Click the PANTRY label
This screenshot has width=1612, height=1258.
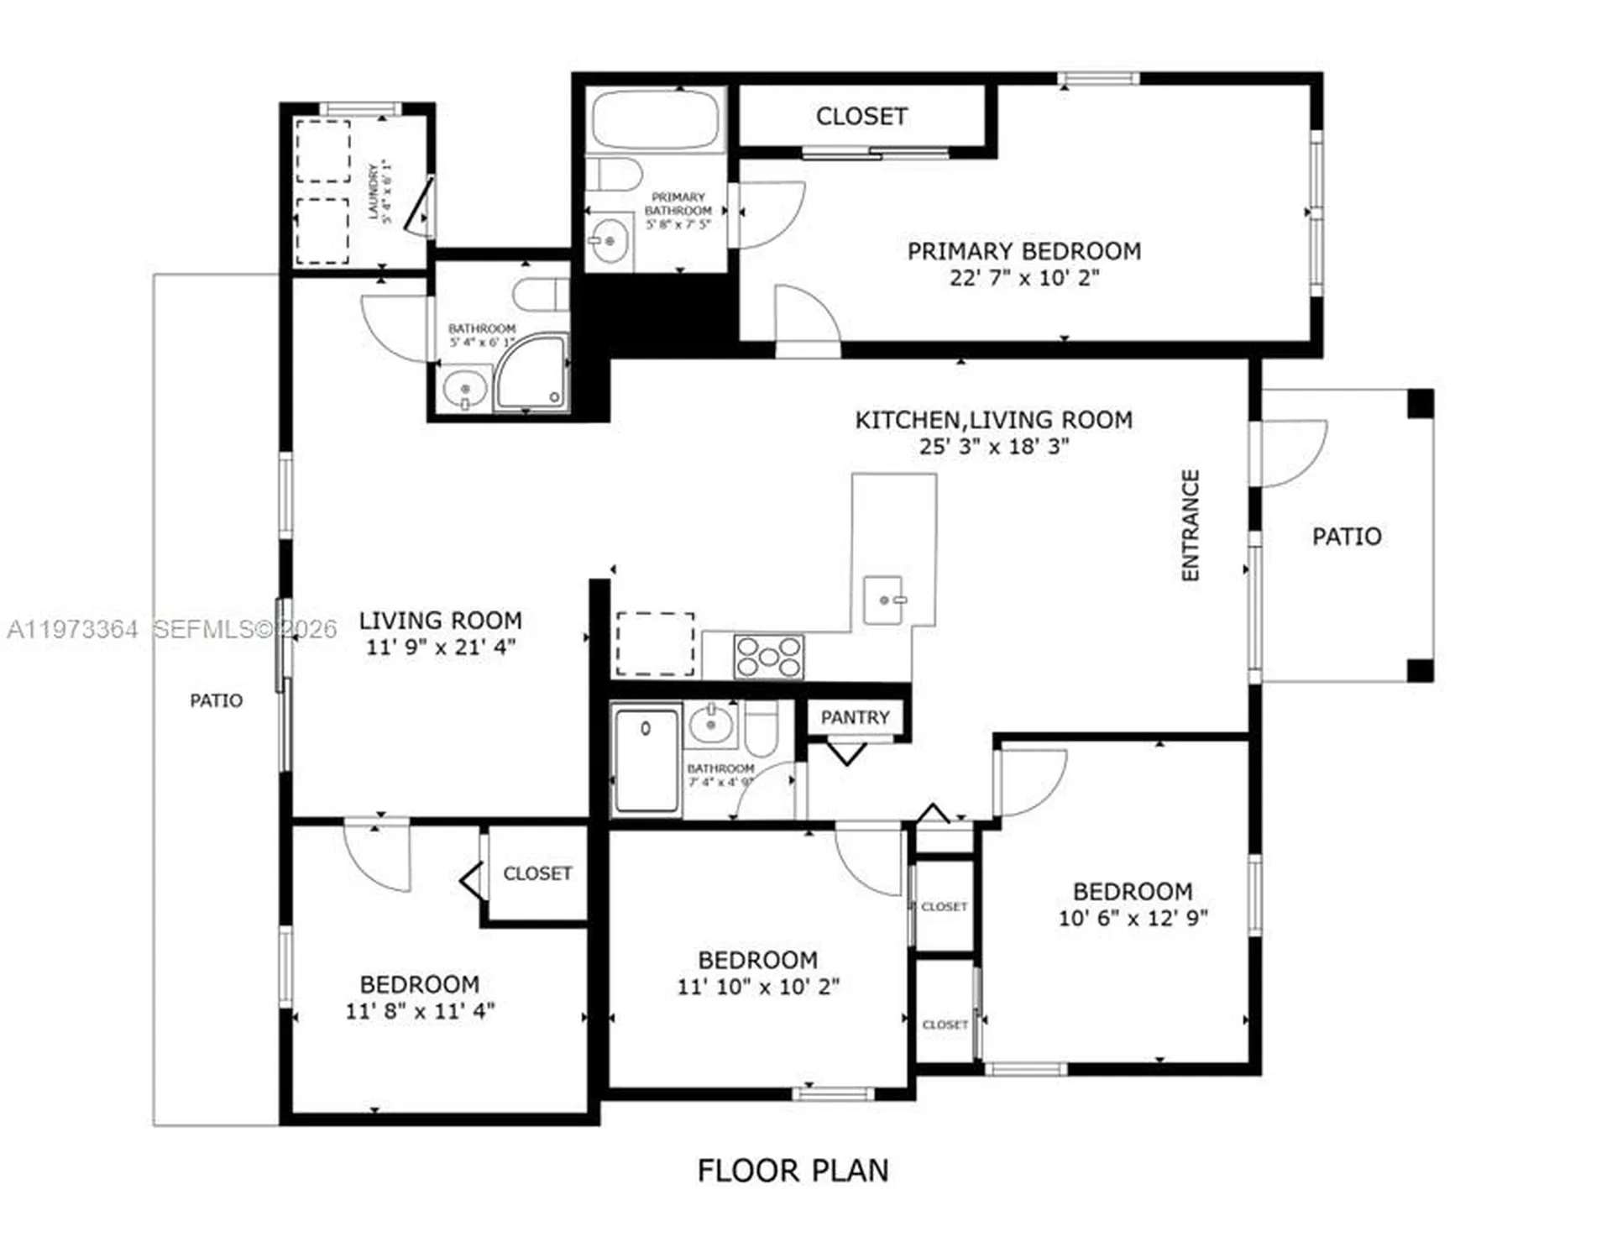[855, 717]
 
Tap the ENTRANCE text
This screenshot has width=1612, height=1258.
[1190, 525]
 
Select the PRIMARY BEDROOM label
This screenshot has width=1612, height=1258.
[1023, 251]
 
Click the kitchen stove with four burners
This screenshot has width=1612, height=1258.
[768, 657]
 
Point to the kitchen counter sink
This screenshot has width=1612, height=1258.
[884, 600]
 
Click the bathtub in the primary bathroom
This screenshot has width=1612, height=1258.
[655, 119]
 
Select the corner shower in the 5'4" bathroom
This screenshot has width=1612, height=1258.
[531, 373]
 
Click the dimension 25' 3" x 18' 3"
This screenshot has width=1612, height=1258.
[993, 447]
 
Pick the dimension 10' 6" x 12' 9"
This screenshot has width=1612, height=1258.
[1133, 918]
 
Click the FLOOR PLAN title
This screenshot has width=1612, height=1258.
[793, 1171]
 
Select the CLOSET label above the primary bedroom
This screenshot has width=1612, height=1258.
[861, 116]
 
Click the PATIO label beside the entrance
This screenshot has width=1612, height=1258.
[1346, 537]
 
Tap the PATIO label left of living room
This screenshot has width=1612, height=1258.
[216, 700]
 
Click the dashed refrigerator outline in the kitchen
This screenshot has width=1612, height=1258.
[655, 644]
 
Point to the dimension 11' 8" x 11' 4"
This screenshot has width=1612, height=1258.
[420, 1011]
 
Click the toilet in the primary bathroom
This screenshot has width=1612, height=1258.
[614, 175]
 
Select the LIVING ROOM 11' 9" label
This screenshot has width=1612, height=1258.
[440, 621]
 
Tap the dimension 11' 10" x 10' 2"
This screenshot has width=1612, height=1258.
[758, 987]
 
